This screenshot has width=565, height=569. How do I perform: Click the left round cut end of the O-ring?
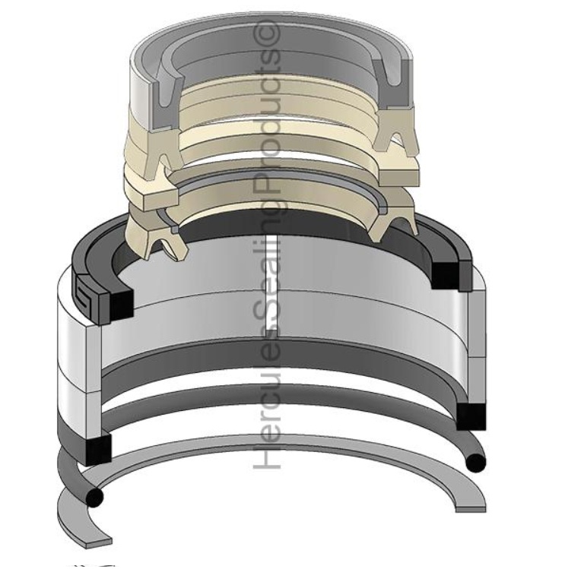tap(95, 498)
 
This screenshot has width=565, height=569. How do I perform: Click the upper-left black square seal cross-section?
tap(119, 302)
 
